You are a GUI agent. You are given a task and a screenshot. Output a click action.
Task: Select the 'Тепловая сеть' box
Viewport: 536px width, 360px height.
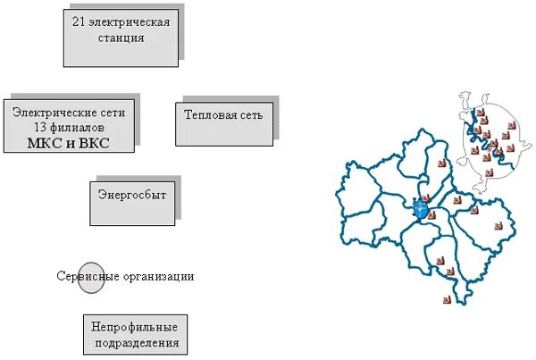222,123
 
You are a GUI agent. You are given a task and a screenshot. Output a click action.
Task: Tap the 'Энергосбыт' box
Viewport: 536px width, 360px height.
131,202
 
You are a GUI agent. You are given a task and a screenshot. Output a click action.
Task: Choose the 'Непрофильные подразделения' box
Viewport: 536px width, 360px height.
135,334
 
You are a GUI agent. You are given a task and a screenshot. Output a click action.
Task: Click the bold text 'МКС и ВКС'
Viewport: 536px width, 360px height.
70,143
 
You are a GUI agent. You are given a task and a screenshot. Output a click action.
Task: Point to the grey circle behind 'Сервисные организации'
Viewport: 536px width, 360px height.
91,277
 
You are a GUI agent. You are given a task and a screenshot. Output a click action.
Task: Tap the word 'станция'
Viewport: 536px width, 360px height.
120,38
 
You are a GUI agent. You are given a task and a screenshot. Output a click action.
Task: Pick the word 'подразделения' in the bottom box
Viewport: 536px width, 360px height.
135,343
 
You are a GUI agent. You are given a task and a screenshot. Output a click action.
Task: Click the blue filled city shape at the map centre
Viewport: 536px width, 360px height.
421,211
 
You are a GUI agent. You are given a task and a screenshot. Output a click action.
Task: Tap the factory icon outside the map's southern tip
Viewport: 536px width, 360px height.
447,300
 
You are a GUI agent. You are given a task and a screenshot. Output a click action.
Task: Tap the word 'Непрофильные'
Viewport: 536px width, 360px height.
135,327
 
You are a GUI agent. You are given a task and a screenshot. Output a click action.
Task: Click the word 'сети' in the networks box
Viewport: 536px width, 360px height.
114,113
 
